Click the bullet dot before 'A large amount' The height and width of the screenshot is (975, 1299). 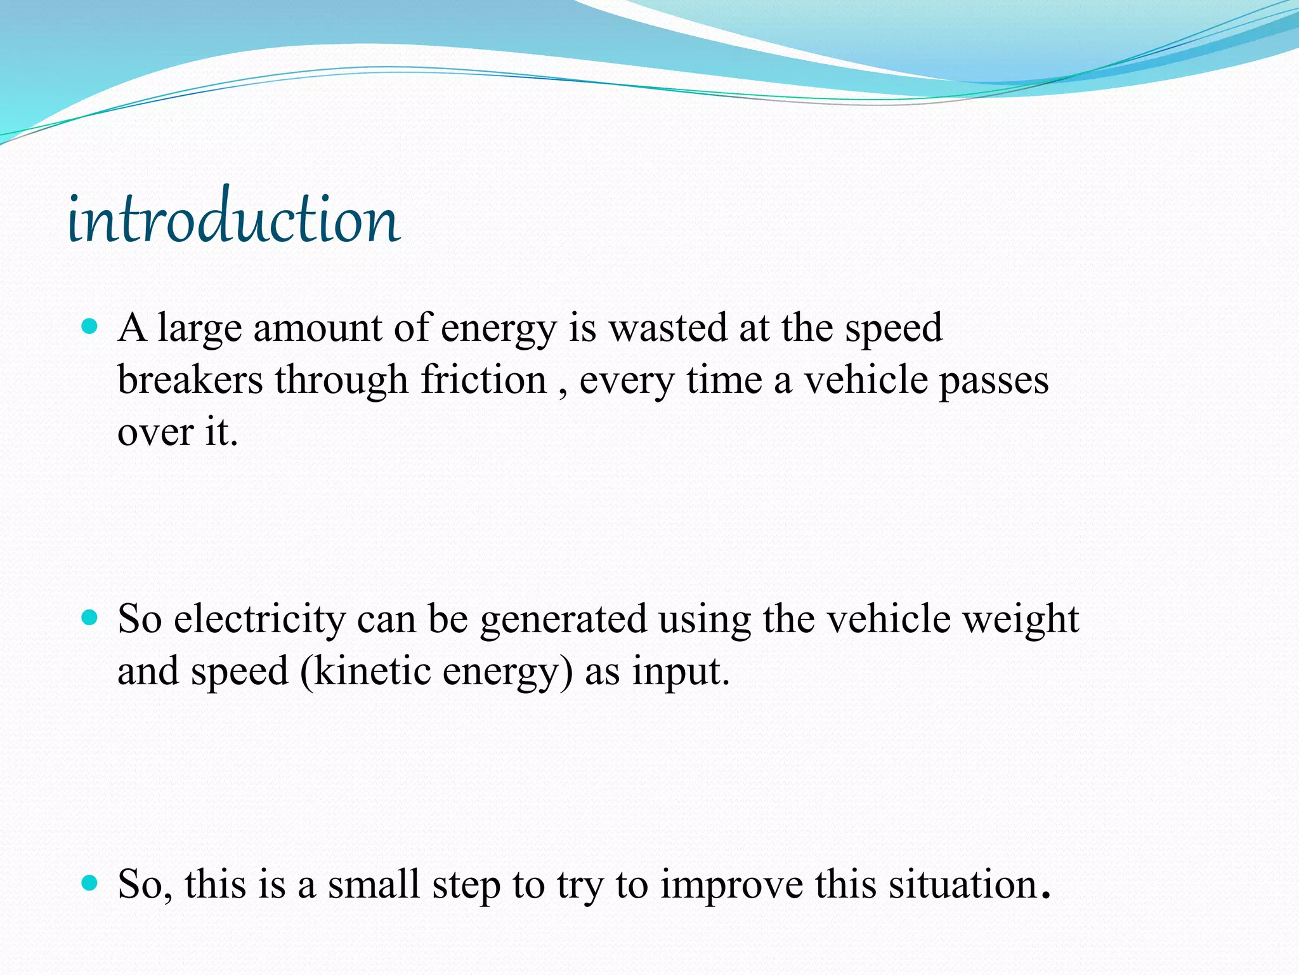pyautogui.click(x=90, y=327)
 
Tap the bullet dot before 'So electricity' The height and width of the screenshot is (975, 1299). pyautogui.click(x=90, y=618)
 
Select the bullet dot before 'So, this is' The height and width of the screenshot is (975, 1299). pyautogui.click(x=90, y=882)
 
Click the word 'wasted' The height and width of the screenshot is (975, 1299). pyautogui.click(x=668, y=328)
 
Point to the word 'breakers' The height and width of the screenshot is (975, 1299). pyautogui.click(x=190, y=380)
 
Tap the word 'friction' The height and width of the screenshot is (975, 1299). pyautogui.click(x=483, y=380)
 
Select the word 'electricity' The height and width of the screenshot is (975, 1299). pyautogui.click(x=259, y=620)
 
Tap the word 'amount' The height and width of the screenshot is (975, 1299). pyautogui.click(x=317, y=328)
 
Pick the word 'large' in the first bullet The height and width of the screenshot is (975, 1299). pyautogui.click(x=200, y=329)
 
